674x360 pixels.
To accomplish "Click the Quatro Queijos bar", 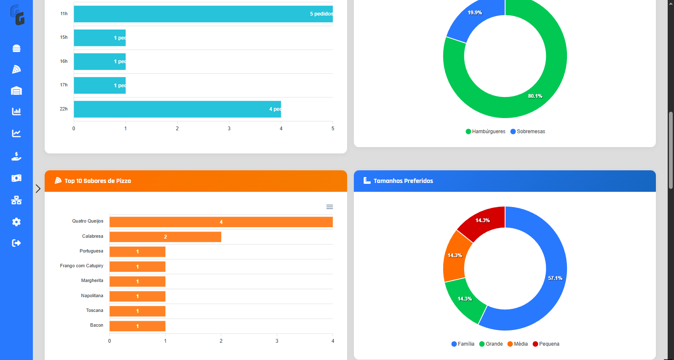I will coord(221,222).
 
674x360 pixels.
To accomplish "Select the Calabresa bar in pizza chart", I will coord(165,237).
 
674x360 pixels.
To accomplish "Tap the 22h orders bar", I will coord(177,109).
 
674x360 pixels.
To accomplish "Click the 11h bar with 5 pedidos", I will coord(203,14).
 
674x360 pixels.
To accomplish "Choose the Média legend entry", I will coord(518,344).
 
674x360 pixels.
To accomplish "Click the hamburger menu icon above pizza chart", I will coord(329,207).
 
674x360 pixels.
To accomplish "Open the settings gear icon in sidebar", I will coord(16,222).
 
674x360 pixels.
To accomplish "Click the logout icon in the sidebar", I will coord(16,243).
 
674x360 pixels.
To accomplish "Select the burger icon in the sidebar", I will coord(16,48).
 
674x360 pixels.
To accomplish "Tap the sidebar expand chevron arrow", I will coord(38,188).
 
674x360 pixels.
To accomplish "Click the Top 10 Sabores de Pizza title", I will coord(98,181).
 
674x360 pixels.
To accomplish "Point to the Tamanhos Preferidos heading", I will coord(403,181).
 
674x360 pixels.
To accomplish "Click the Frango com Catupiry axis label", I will coord(82,266).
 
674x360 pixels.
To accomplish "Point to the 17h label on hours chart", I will coord(64,85).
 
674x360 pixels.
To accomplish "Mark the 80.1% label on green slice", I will coord(535,96).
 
